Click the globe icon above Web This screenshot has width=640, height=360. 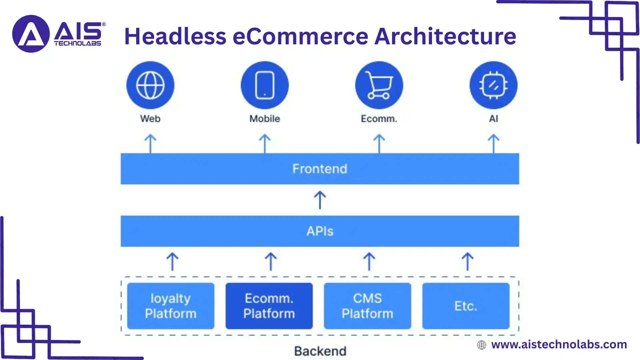click(x=150, y=85)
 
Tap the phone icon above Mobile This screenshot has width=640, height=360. click(x=265, y=85)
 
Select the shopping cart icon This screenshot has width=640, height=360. click(x=379, y=85)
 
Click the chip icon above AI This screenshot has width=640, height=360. click(x=493, y=85)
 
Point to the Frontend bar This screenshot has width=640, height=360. click(x=320, y=169)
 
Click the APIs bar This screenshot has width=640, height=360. click(x=320, y=231)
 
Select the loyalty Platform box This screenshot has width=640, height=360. click(x=171, y=306)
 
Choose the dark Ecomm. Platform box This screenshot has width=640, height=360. click(x=269, y=306)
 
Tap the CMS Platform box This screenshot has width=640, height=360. click(x=367, y=306)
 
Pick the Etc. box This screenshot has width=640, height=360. click(x=466, y=306)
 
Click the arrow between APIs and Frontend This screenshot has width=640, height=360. click(x=320, y=200)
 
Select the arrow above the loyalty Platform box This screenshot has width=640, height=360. click(x=172, y=261)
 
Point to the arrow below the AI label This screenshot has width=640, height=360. click(x=494, y=144)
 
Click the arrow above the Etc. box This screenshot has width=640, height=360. click(x=468, y=261)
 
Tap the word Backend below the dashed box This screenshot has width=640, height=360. click(x=320, y=351)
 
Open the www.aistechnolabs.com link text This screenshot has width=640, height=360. click(x=559, y=344)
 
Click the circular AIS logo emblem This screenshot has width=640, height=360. click(x=31, y=34)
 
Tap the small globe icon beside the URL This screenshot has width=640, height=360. click(x=482, y=345)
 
